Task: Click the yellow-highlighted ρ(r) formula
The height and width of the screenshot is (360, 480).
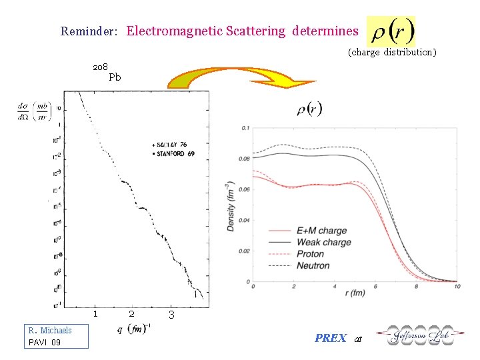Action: (391, 31)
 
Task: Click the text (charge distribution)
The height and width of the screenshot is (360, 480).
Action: (392, 52)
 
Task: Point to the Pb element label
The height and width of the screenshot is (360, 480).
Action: (115, 77)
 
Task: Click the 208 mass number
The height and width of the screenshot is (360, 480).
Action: (100, 67)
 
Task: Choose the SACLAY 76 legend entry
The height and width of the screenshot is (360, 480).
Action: (170, 144)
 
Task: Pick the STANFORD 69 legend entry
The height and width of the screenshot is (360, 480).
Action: (173, 154)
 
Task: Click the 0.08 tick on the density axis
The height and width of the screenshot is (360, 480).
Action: (245, 159)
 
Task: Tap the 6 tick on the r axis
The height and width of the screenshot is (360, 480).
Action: (376, 287)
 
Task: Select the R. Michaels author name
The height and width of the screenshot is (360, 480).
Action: (50, 330)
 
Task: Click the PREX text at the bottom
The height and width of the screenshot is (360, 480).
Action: (330, 338)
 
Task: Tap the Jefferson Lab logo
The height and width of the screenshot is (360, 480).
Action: (415, 335)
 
